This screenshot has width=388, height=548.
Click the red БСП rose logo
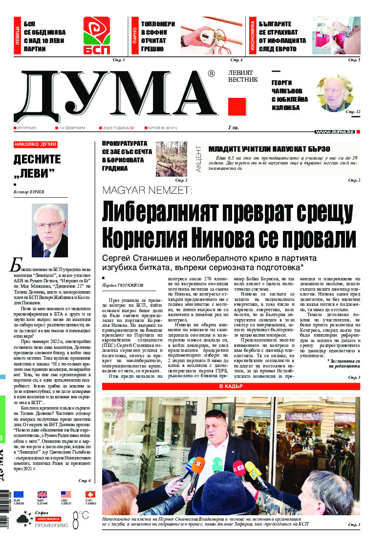tap(96, 36)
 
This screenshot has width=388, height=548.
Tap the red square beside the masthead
tap(237, 106)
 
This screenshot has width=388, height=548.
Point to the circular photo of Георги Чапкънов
tap(334, 93)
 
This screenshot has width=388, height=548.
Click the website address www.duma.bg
tap(335, 132)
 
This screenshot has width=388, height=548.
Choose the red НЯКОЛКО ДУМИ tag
tap(35, 145)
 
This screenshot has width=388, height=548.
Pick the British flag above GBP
tap(43, 495)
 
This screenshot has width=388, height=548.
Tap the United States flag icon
tap(66, 495)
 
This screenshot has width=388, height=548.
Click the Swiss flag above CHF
tap(90, 495)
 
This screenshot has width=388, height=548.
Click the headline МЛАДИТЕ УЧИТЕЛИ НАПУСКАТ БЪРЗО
tap(269, 149)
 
